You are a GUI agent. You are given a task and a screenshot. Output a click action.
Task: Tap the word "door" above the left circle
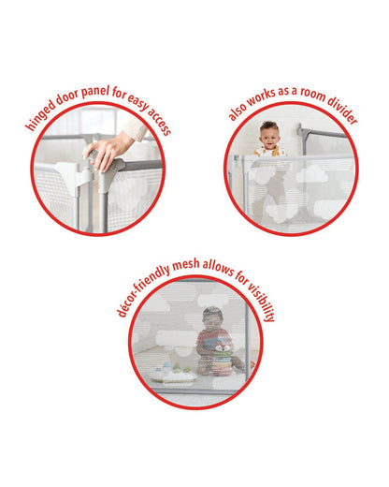[x=67, y=97]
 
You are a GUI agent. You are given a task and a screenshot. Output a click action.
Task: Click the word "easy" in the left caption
[x=138, y=102]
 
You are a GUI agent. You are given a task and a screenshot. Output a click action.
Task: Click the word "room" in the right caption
[x=312, y=94]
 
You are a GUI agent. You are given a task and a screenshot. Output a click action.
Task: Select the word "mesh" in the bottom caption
[x=185, y=265]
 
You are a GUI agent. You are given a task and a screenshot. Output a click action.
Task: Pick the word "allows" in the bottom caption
[x=218, y=269]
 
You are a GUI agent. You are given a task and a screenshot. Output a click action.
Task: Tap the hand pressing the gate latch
[x=105, y=153]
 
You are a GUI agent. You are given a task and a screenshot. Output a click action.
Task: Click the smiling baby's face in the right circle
[x=268, y=136]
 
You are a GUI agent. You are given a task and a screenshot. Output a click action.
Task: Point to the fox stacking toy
[x=223, y=358]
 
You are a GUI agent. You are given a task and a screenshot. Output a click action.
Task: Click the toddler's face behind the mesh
[x=212, y=319]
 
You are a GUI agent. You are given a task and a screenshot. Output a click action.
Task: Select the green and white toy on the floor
[x=173, y=373]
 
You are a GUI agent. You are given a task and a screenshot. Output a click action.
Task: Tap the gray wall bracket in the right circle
[x=301, y=133]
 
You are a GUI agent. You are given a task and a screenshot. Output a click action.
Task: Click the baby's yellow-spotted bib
[x=270, y=151]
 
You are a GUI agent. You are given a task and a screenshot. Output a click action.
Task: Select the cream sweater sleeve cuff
[x=136, y=128]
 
